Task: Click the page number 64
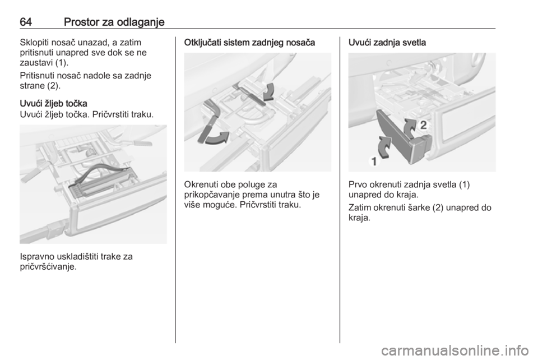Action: click(26, 22)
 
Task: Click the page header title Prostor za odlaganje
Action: click(114, 22)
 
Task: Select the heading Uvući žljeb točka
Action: click(54, 104)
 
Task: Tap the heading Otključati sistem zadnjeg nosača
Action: click(249, 43)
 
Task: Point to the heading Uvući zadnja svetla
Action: click(387, 43)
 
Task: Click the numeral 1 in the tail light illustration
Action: click(374, 161)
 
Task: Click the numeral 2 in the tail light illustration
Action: click(424, 125)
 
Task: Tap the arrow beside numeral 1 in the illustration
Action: click(384, 147)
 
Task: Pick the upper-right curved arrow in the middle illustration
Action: click(268, 92)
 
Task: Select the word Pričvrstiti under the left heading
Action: click(108, 114)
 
